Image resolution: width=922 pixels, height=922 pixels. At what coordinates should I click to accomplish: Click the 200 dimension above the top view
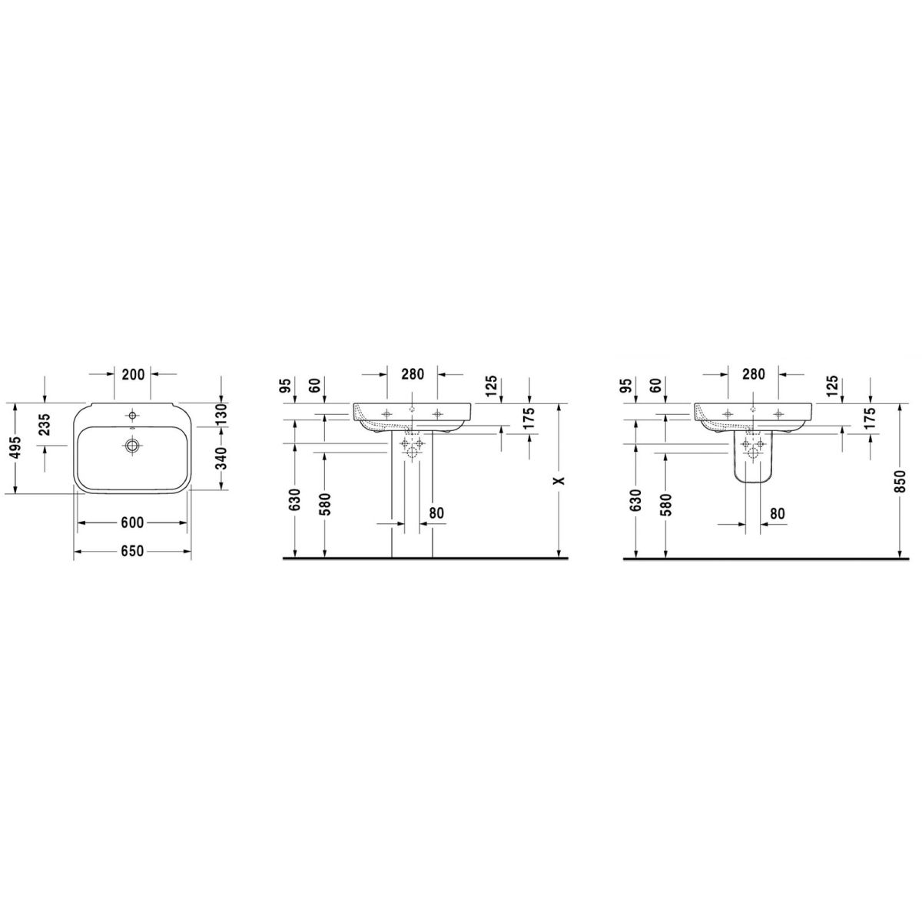click(132, 375)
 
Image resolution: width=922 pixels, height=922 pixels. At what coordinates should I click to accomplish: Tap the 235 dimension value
click(44, 425)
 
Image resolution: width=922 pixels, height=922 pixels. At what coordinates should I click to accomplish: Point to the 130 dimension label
click(221, 414)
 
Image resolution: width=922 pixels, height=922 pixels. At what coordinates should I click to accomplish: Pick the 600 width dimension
click(132, 523)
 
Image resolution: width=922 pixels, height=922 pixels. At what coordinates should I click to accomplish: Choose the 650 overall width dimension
click(132, 551)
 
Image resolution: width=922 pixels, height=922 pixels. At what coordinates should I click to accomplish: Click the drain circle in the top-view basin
click(132, 446)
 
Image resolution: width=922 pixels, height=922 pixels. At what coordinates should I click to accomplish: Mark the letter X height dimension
click(559, 480)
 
